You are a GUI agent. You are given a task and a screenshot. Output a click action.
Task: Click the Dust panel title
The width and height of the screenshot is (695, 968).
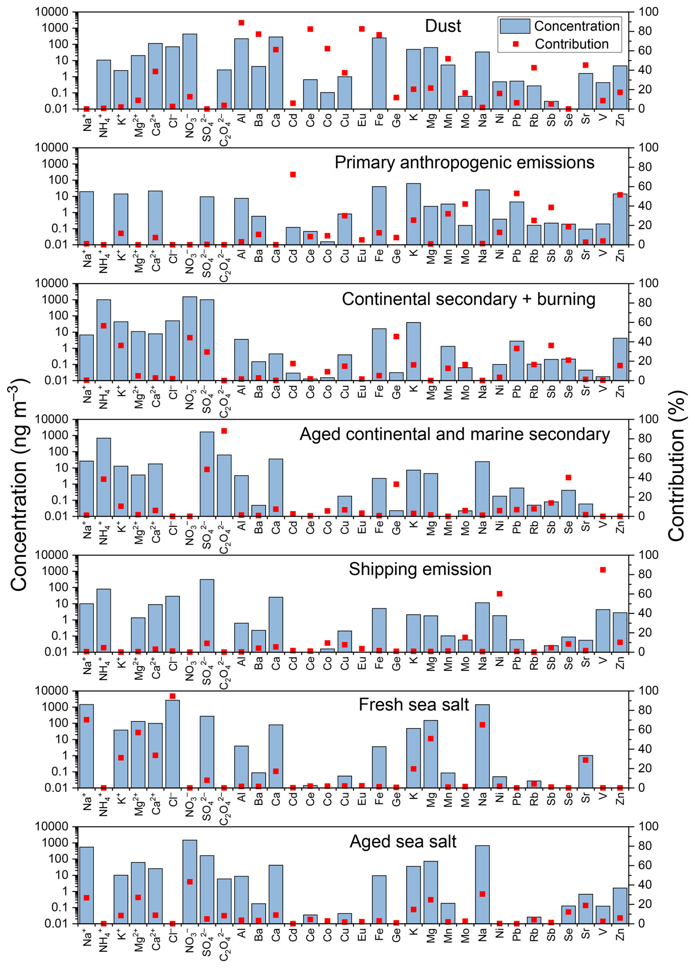(443, 26)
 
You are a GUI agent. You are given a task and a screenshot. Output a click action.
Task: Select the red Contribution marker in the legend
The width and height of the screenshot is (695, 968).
(516, 44)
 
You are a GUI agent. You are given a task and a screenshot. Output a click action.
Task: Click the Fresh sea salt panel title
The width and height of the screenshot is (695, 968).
(414, 705)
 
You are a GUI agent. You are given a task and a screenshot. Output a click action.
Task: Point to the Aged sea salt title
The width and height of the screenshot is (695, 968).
(403, 841)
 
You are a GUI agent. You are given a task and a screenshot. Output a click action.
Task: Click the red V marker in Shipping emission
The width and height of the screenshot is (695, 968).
(603, 570)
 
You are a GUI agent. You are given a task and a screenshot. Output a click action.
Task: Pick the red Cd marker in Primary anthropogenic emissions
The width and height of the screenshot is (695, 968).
(293, 175)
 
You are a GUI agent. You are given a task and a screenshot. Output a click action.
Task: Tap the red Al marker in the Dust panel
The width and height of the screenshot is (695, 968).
(241, 23)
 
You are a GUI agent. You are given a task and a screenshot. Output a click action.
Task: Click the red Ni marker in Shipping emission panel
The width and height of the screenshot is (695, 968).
(499, 594)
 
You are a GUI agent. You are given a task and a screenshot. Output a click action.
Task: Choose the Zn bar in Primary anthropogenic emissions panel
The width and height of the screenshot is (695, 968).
(620, 219)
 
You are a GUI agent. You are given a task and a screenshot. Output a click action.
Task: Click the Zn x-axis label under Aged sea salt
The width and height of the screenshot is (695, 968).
(620, 934)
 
